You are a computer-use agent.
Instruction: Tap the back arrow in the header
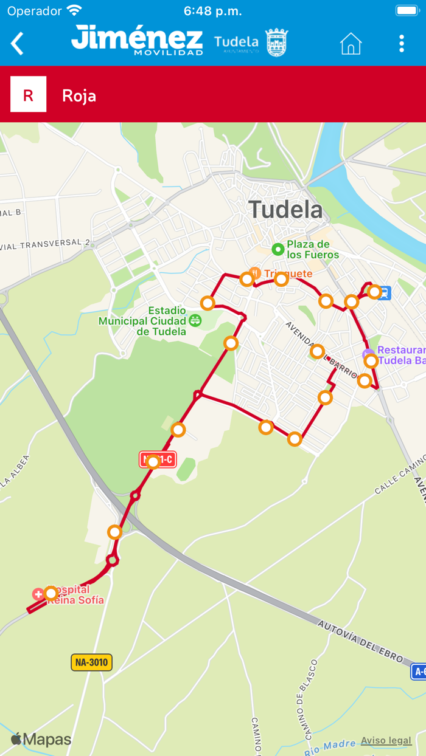pyautogui.click(x=17, y=44)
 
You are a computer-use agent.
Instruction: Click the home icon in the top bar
pyautogui.click(x=351, y=44)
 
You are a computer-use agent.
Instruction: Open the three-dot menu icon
pyautogui.click(x=401, y=44)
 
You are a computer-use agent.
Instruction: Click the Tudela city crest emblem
pyautogui.click(x=277, y=43)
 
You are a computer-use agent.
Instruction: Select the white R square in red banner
pyautogui.click(x=29, y=94)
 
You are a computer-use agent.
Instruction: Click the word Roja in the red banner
pyautogui.click(x=79, y=96)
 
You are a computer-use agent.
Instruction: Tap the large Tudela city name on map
pyautogui.click(x=285, y=210)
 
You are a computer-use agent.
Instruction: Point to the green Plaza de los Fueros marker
pyautogui.click(x=278, y=249)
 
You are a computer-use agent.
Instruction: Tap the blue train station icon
pyautogui.click(x=385, y=293)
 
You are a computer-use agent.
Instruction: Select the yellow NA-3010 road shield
pyautogui.click(x=91, y=662)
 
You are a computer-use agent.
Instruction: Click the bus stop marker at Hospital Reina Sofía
pyautogui.click(x=51, y=593)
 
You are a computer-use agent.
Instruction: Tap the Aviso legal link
pyautogui.click(x=386, y=740)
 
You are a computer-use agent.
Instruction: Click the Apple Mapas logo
pyautogui.click(x=41, y=740)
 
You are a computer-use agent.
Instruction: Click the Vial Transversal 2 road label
pyautogui.click(x=46, y=244)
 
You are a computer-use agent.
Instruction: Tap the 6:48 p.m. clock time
pyautogui.click(x=212, y=11)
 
